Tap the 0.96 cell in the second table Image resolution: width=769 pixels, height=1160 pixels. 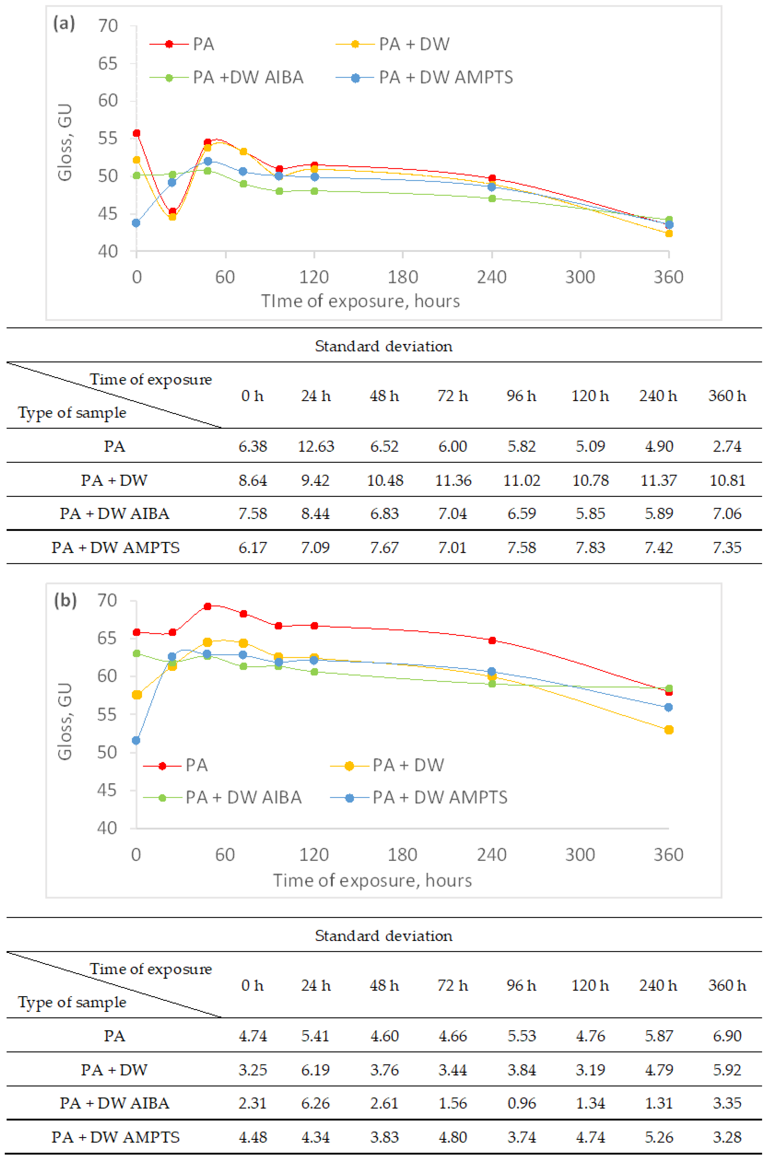pos(521,1103)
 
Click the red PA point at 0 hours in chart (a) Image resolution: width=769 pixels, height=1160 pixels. pos(137,133)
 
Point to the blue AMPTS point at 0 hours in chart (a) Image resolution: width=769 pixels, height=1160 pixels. pos(136,223)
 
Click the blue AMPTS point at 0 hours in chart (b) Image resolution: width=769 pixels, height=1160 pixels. pos(136,740)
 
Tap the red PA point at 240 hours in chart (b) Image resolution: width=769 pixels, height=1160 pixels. pos(492,640)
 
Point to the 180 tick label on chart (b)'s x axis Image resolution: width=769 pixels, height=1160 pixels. pos(402,855)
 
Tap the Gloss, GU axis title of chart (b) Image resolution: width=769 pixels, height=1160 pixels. pos(65,721)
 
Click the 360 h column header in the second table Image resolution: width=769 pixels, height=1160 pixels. pos(727,985)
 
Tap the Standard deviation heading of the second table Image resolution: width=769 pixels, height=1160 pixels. pos(384,935)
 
